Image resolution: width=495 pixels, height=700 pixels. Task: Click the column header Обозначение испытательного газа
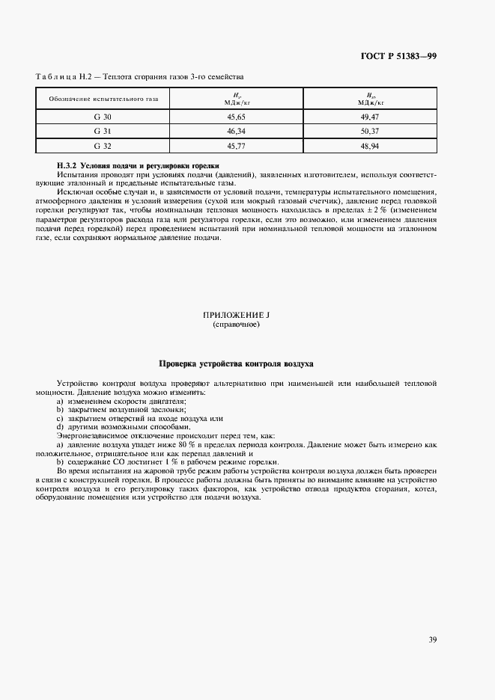point(103,99)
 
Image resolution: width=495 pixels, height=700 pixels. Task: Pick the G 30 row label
point(102,117)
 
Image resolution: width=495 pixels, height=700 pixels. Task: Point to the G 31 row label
point(102,132)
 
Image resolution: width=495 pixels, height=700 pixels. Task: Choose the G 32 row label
point(102,146)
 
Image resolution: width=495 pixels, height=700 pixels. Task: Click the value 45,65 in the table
point(236,117)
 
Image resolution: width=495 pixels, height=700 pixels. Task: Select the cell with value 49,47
point(370,117)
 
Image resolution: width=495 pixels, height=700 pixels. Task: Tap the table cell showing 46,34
point(236,132)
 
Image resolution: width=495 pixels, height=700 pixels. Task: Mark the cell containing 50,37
point(370,132)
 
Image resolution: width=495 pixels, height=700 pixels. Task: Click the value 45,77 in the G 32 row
point(236,146)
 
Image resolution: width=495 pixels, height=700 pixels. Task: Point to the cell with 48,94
point(370,146)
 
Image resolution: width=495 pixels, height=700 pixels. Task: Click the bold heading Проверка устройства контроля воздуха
point(237,364)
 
